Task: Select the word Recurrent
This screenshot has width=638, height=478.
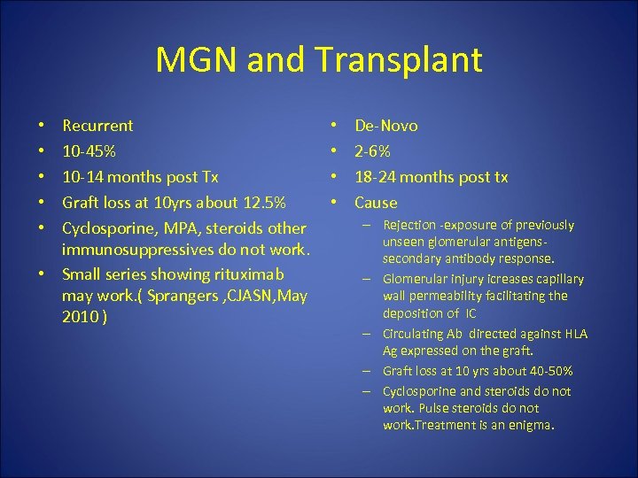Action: tap(97, 126)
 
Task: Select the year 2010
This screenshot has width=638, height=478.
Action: tap(82, 316)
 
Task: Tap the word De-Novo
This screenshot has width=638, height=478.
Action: tap(386, 126)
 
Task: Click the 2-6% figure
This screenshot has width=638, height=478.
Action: tap(372, 151)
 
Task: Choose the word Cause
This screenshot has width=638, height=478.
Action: tap(376, 203)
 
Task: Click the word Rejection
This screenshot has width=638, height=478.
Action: tap(414, 226)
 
